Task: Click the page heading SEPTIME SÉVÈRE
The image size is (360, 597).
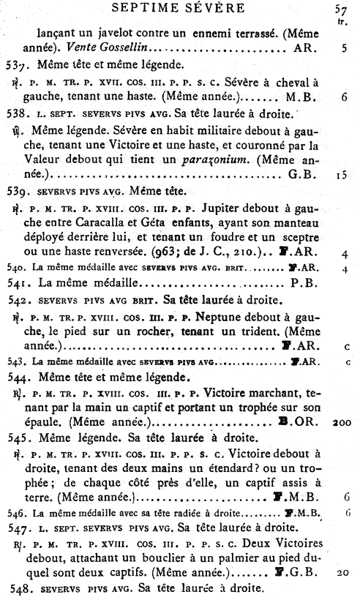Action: click(180, 9)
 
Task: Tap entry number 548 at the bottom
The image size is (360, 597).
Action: click(26, 588)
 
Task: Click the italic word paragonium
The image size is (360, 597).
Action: click(213, 160)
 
